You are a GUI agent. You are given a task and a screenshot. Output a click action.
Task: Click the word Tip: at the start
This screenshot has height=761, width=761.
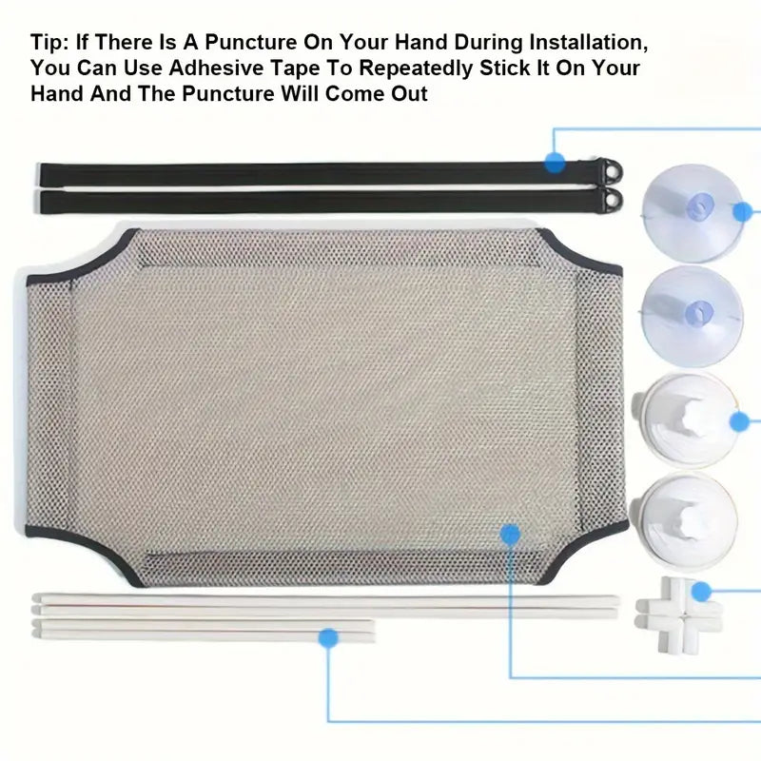pyautogui.click(x=49, y=42)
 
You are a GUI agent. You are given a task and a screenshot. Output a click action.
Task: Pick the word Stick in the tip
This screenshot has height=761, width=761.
pyautogui.click(x=504, y=68)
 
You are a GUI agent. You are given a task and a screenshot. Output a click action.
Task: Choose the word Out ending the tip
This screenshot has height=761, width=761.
pyautogui.click(x=409, y=93)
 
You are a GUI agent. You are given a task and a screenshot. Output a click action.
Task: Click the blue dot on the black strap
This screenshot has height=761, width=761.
pyautogui.click(x=555, y=162)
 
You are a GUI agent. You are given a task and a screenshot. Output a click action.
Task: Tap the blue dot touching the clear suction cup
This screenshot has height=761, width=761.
pyautogui.click(x=742, y=211)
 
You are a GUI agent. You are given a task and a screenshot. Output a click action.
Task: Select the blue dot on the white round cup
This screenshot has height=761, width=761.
pyautogui.click(x=740, y=421)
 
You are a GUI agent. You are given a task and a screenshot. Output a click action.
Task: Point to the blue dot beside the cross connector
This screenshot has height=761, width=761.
pyautogui.click(x=701, y=592)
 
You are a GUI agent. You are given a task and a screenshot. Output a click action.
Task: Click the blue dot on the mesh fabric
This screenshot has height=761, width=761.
pyautogui.click(x=510, y=535)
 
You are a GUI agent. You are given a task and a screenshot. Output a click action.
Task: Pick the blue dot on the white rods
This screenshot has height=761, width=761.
pyautogui.click(x=328, y=637)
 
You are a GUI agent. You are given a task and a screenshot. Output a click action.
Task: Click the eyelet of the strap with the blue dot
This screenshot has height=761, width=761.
pyautogui.click(x=613, y=170)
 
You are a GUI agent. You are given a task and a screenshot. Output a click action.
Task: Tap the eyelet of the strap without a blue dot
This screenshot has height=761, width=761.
pyautogui.click(x=613, y=199)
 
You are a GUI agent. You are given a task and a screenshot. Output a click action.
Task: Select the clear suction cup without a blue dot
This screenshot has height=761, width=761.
pyautogui.click(x=693, y=316)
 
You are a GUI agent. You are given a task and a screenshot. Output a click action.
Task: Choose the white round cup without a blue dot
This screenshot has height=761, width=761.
pyautogui.click(x=684, y=521)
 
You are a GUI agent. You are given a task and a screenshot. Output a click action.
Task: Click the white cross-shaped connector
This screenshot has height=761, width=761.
pyautogui.click(x=679, y=615)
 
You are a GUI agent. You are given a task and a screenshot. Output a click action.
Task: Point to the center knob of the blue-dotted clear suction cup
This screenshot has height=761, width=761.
pyautogui.click(x=699, y=206)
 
